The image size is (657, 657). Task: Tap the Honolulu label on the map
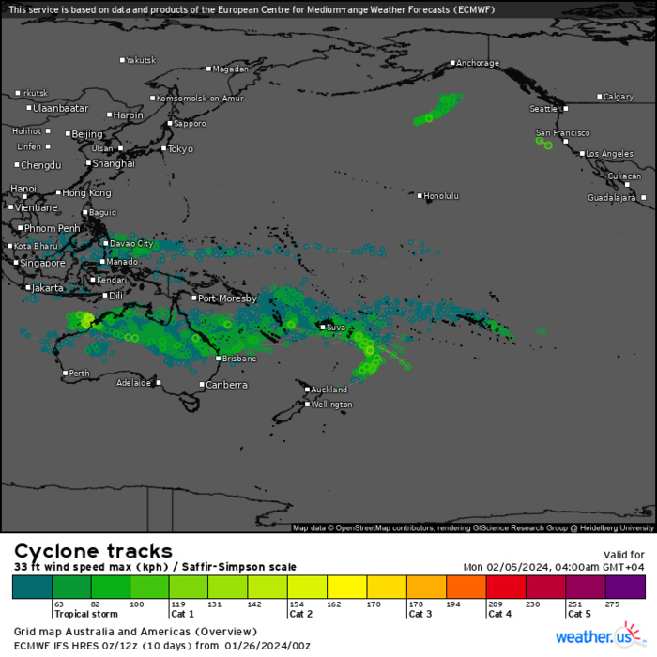pyautogui.click(x=441, y=196)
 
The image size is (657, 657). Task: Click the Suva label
pyautogui.click(x=336, y=328)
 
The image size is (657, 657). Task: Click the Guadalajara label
pyautogui.click(x=612, y=198)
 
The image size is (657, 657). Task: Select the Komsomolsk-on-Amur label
pyautogui.click(x=200, y=99)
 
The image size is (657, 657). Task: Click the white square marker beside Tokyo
pyautogui.click(x=163, y=148)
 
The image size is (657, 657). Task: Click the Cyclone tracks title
pyautogui.click(x=93, y=551)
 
